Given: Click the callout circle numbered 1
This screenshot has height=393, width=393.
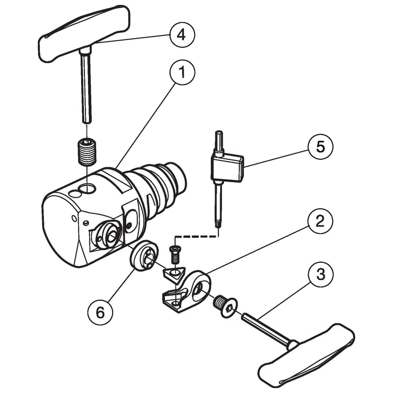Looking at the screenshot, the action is tap(182, 72).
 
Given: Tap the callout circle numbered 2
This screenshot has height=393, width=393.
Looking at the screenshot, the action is tap(320, 221).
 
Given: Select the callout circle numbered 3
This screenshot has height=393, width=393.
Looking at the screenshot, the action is tap(321, 274).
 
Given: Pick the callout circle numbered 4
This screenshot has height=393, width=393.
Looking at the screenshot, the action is tap(182, 34).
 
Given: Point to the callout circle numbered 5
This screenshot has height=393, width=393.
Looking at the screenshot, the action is tap(321, 146).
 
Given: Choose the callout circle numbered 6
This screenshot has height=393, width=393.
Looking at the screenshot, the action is tap(100, 312).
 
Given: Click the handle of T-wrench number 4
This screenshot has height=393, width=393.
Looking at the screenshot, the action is tap(84, 34).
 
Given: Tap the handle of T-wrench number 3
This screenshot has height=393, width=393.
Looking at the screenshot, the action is tap(307, 357).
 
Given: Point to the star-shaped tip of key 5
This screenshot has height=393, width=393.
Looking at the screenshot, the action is tap(219, 223).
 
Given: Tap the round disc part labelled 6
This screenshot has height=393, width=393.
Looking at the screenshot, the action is tap(144, 256).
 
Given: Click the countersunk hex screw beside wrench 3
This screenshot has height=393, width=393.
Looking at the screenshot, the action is tap(225, 306).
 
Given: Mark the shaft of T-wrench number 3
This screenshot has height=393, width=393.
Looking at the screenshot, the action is tap(266, 328).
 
